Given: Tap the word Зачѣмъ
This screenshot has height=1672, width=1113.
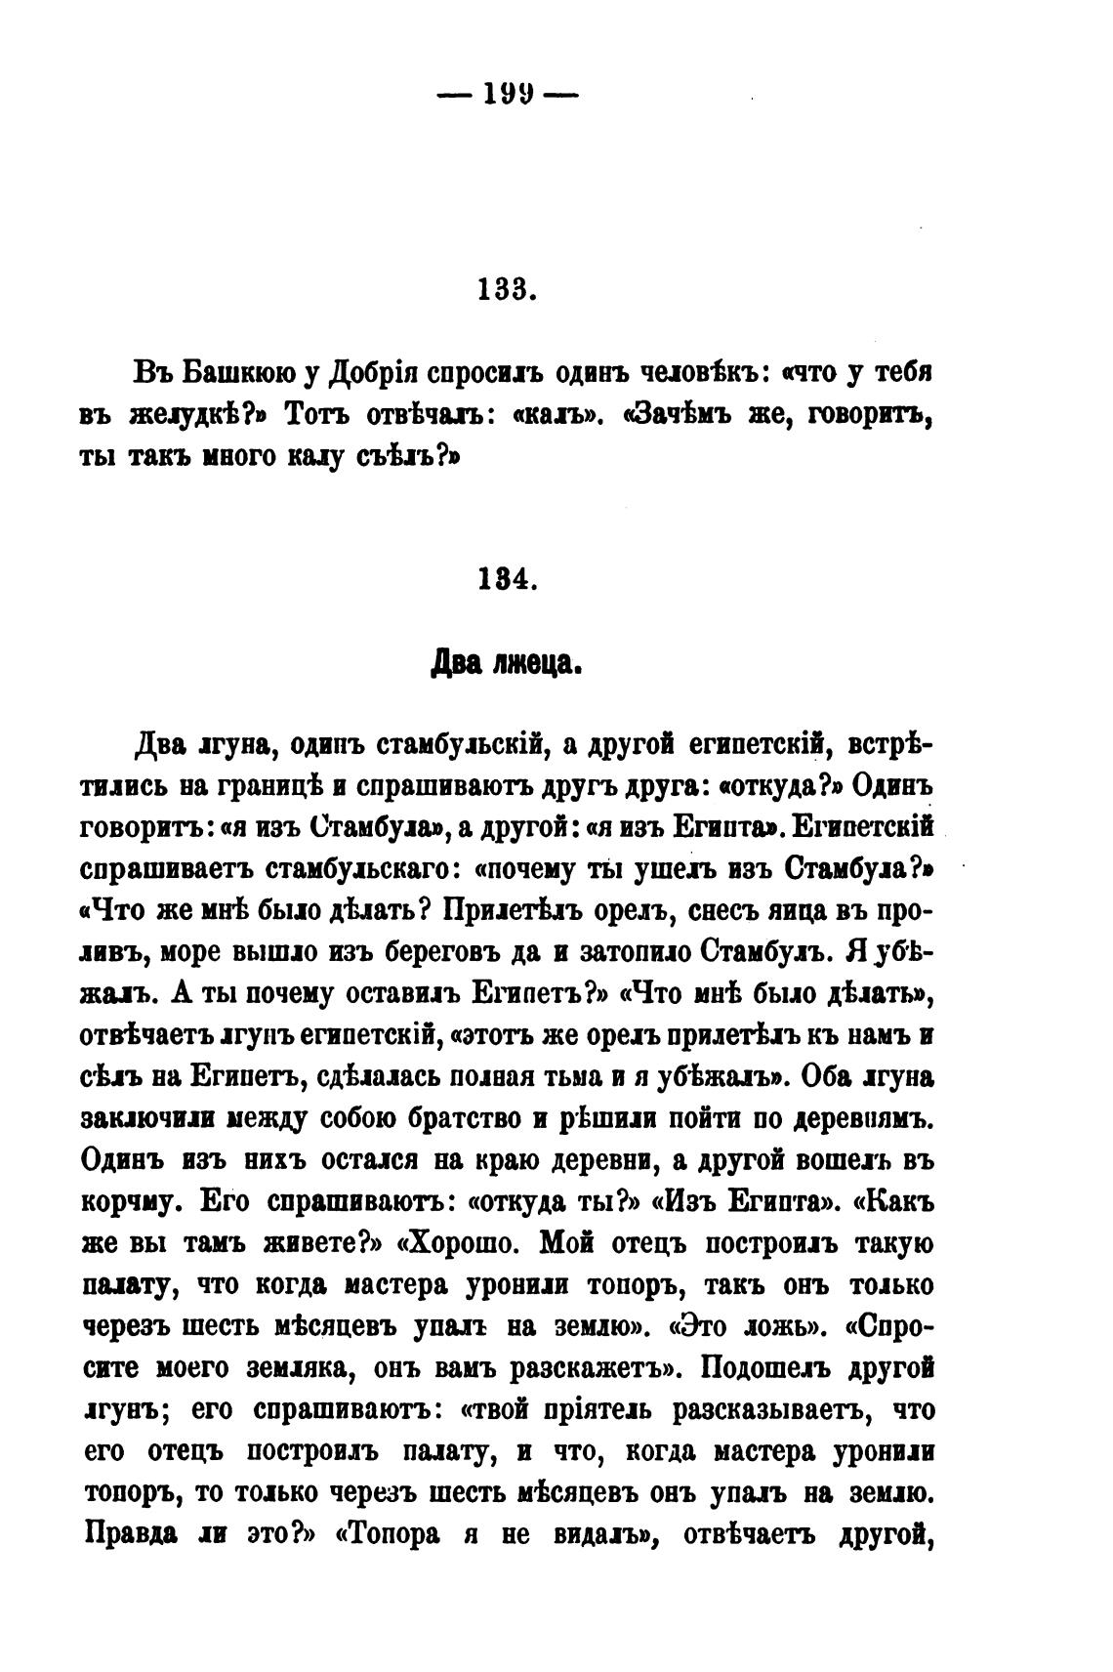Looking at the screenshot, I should click(x=680, y=415).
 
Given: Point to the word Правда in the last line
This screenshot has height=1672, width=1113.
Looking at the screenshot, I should click(x=131, y=1533).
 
